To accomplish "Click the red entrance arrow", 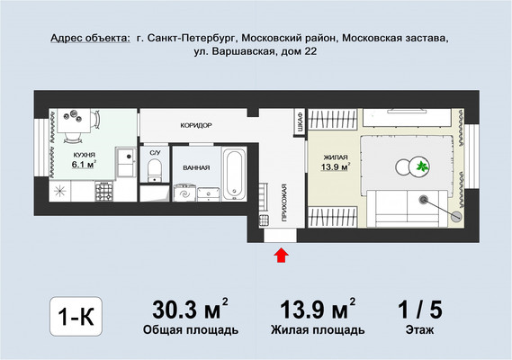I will coord(281,256).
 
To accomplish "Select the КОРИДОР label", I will coord(195,125).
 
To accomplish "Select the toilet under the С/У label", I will coord(155,171).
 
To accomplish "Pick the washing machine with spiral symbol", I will coord(186,192).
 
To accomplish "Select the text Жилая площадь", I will coord(318,330).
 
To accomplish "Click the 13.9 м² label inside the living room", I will coord(336,166).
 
